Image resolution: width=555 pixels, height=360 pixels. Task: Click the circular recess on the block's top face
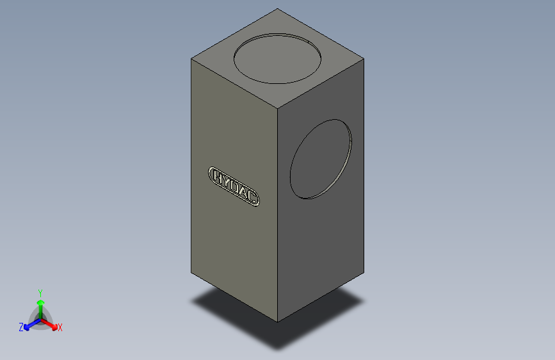point(278,58)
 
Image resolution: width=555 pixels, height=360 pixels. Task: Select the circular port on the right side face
point(321,159)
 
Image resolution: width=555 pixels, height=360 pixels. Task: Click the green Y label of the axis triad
point(40,292)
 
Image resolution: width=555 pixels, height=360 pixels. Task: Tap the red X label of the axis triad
point(60,328)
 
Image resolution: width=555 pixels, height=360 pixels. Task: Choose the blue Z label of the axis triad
point(21,327)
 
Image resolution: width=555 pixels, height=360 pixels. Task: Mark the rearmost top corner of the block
point(278,9)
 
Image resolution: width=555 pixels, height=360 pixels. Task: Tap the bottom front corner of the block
point(278,321)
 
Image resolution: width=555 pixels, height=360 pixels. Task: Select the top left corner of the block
point(191,58)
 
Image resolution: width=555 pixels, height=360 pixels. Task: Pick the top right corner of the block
point(364,59)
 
